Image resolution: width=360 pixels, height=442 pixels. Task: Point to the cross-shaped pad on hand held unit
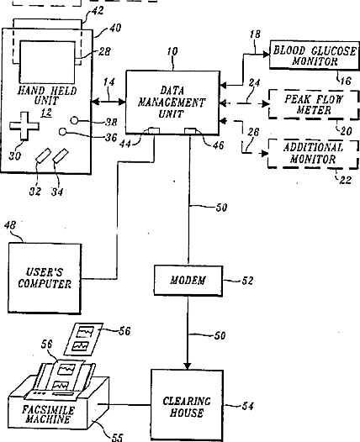[x=24, y=126]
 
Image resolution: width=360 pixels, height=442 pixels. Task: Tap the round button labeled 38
[x=74, y=121]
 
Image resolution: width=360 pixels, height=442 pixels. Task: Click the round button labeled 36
[x=62, y=132]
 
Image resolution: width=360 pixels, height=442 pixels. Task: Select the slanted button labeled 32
[x=43, y=155]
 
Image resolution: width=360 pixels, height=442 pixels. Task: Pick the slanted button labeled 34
[x=61, y=156]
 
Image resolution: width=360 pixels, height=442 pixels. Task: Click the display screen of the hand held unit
[x=47, y=61]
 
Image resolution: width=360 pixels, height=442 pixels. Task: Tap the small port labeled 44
[x=154, y=131]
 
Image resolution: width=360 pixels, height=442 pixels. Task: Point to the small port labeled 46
[x=190, y=131]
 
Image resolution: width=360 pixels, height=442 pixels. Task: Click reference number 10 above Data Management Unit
[x=172, y=51]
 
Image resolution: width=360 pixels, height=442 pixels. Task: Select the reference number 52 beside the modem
[x=247, y=281]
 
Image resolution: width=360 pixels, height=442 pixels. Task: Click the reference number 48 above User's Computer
[x=10, y=225]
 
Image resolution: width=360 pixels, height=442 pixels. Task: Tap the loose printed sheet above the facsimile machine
[x=83, y=339]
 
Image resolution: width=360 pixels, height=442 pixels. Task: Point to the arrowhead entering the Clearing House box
[x=188, y=366]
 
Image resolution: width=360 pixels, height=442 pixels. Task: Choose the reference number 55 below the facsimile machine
[x=118, y=437]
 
